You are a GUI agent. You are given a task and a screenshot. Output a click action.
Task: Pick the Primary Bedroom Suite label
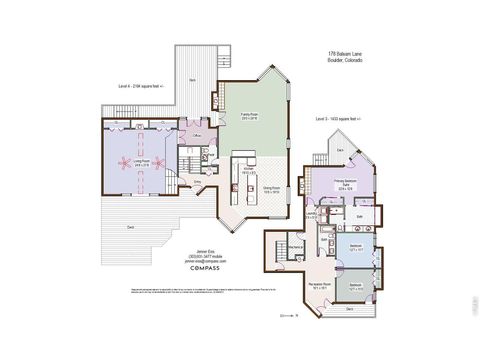347,183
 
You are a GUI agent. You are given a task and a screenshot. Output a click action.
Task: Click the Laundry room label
311,212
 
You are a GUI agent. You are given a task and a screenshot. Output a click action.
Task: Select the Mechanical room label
296,247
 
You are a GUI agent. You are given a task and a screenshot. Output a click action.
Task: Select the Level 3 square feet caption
341,118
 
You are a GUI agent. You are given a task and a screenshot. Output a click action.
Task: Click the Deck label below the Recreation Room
349,309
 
